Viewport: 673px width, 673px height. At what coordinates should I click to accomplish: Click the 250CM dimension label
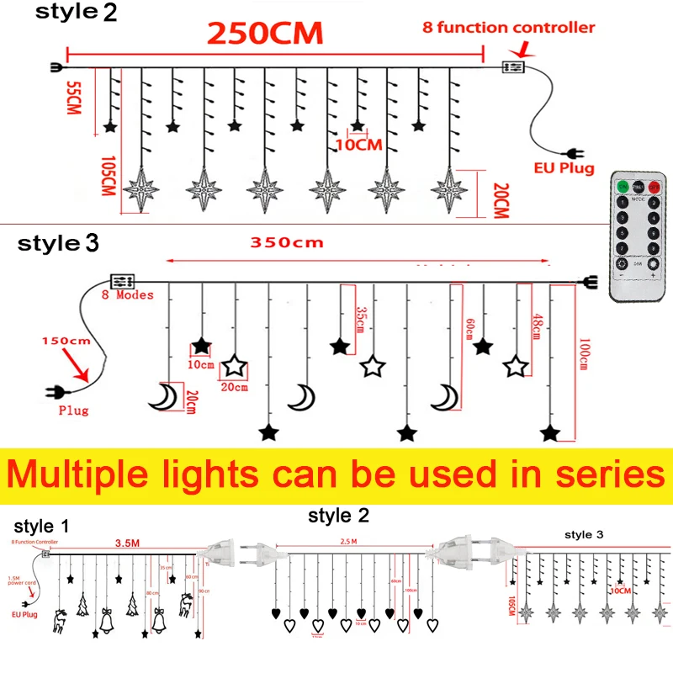coord(265,34)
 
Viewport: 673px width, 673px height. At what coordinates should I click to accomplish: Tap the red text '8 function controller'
coord(508,28)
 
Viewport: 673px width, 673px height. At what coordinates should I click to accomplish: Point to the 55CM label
coord(75,100)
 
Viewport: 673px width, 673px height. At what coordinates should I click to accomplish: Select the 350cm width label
coord(287,244)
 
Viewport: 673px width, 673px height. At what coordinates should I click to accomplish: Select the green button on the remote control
coord(622,186)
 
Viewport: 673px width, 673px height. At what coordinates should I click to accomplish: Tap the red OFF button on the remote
coord(654,186)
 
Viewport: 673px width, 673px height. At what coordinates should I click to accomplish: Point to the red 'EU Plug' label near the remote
coord(564,168)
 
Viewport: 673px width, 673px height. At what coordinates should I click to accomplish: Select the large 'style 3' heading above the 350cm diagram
coord(59,244)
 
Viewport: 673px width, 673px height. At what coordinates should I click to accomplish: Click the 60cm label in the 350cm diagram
coord(468,325)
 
